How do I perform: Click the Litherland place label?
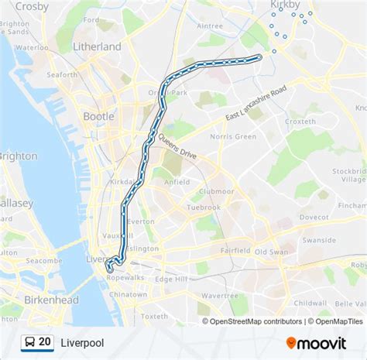tap(97, 46)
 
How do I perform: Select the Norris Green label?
tap(233, 136)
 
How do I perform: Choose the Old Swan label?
tap(271, 252)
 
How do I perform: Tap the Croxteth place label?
tap(300, 122)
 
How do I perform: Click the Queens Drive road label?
tap(178, 146)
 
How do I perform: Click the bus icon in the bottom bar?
tap(28, 341)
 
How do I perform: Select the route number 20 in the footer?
tap(45, 341)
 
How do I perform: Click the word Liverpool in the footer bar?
tap(82, 341)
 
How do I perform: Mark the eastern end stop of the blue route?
tap(259, 57)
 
